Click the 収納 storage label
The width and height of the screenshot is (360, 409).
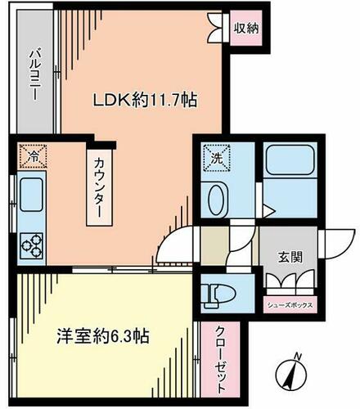[246, 28]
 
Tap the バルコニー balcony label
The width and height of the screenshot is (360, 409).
[35, 74]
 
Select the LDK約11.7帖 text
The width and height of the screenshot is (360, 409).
[145, 100]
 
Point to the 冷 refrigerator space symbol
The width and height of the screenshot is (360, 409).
[33, 156]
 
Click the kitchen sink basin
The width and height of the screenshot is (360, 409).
[31, 195]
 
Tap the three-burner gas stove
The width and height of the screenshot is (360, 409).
[32, 245]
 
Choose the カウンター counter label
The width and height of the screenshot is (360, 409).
[99, 188]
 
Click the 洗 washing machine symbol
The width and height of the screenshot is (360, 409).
[217, 158]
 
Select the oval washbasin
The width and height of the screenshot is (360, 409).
[217, 200]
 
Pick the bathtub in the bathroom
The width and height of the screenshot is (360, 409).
[290, 160]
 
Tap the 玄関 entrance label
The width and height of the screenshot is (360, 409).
[290, 257]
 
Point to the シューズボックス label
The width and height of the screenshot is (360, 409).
[290, 305]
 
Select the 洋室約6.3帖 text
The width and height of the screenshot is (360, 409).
[103, 336]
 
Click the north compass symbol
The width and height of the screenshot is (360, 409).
[291, 375]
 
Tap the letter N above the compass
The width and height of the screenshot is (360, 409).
[299, 357]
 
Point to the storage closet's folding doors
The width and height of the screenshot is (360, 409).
[215, 27]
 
